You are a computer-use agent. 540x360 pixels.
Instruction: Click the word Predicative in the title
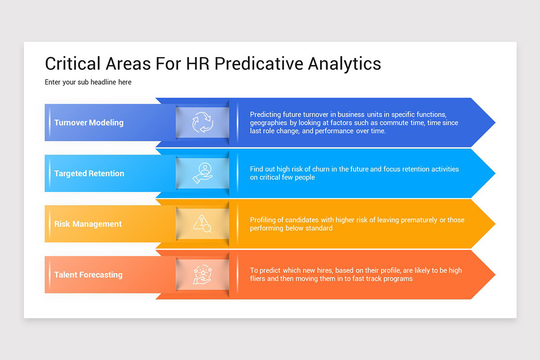[259, 63]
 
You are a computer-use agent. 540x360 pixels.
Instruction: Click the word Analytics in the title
[345, 64]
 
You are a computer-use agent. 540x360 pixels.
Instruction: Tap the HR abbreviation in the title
[198, 63]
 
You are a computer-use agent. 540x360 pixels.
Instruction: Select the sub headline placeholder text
[88, 82]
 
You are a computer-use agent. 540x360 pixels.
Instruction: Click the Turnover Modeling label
[89, 122]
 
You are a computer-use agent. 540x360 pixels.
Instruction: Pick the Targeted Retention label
[89, 173]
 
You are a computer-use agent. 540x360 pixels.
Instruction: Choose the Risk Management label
[88, 224]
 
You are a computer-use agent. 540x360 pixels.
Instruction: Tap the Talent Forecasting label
[88, 274]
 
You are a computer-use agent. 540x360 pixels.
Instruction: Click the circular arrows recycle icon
[203, 122]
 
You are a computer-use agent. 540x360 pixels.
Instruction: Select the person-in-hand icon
[202, 173]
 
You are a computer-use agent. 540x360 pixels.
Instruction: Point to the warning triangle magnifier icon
[202, 224]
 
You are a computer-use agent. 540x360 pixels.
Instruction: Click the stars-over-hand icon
[202, 274]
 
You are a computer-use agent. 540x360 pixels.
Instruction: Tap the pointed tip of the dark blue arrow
[495, 122]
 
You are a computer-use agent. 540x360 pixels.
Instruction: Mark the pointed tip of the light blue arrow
[495, 173]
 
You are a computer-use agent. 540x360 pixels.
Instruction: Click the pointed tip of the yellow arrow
[495, 224]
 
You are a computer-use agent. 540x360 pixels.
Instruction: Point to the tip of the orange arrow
[495, 274]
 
